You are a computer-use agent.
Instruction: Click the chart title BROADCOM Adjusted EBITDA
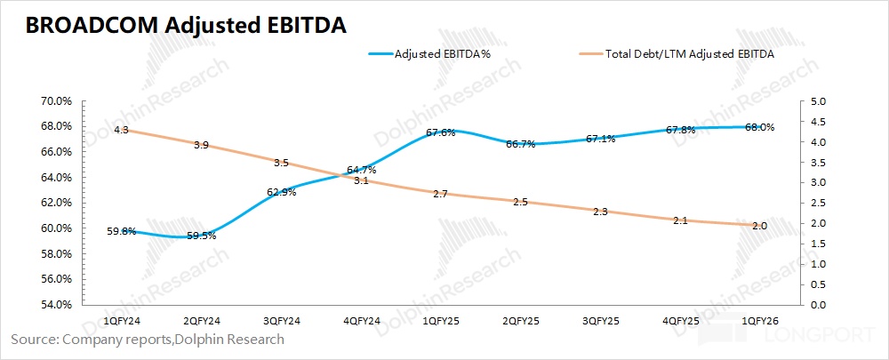(186, 27)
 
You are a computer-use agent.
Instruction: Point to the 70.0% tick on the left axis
(58, 100)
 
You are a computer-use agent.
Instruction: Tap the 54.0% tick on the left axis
(58, 305)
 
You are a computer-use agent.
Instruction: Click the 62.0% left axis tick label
(58, 203)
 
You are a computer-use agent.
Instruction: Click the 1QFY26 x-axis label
(757, 319)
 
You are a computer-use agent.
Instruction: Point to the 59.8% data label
(122, 232)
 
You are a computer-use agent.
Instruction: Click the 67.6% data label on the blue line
(441, 132)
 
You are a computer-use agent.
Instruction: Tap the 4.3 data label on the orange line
(122, 130)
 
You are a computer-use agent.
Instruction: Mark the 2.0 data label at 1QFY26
(758, 227)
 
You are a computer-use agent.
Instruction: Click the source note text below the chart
(148, 339)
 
